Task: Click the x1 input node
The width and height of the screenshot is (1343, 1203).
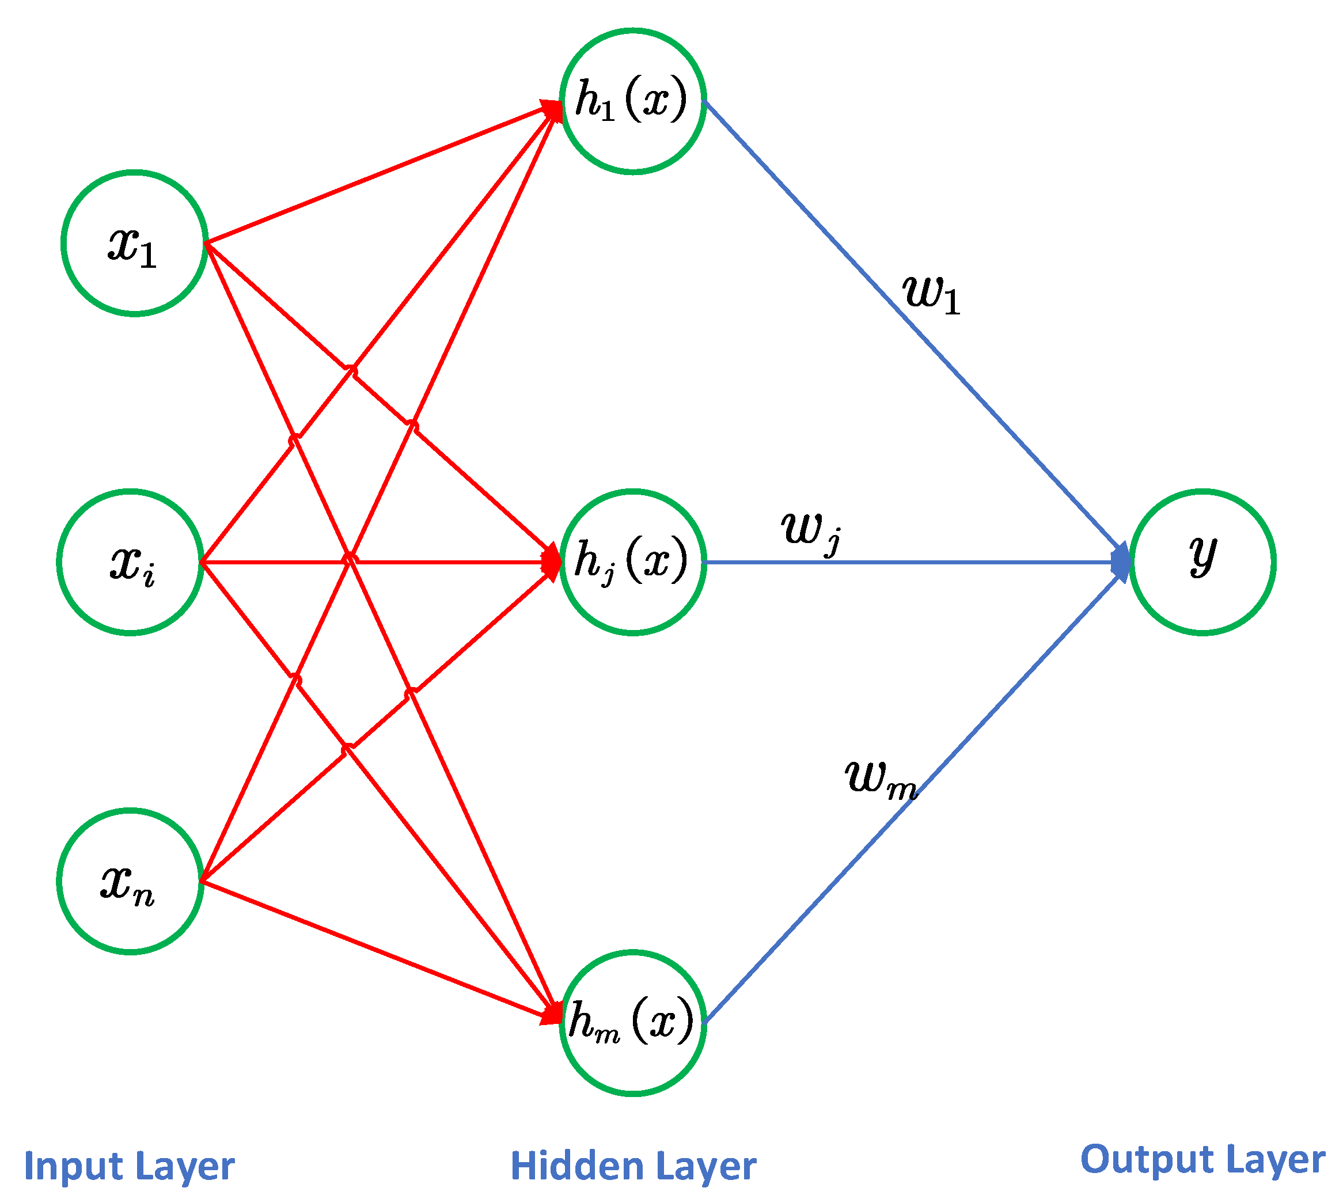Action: click(x=134, y=243)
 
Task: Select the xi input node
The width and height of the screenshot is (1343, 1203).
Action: click(x=130, y=563)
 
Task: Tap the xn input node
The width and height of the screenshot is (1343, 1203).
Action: click(x=130, y=881)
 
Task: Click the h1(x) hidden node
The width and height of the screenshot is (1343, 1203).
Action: click(x=632, y=101)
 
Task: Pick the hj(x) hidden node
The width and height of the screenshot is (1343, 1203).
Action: click(x=632, y=563)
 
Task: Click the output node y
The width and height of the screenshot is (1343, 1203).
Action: click(x=1202, y=563)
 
